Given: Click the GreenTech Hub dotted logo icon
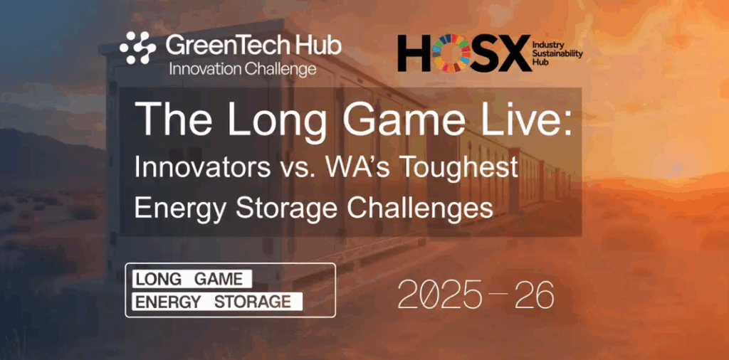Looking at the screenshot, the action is (138, 48).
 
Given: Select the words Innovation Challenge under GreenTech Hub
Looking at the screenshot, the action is (243, 69).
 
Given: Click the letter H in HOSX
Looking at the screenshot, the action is (414, 53).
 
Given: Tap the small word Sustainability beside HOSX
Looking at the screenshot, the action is (560, 53).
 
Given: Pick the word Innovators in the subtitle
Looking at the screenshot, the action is (202, 167).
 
